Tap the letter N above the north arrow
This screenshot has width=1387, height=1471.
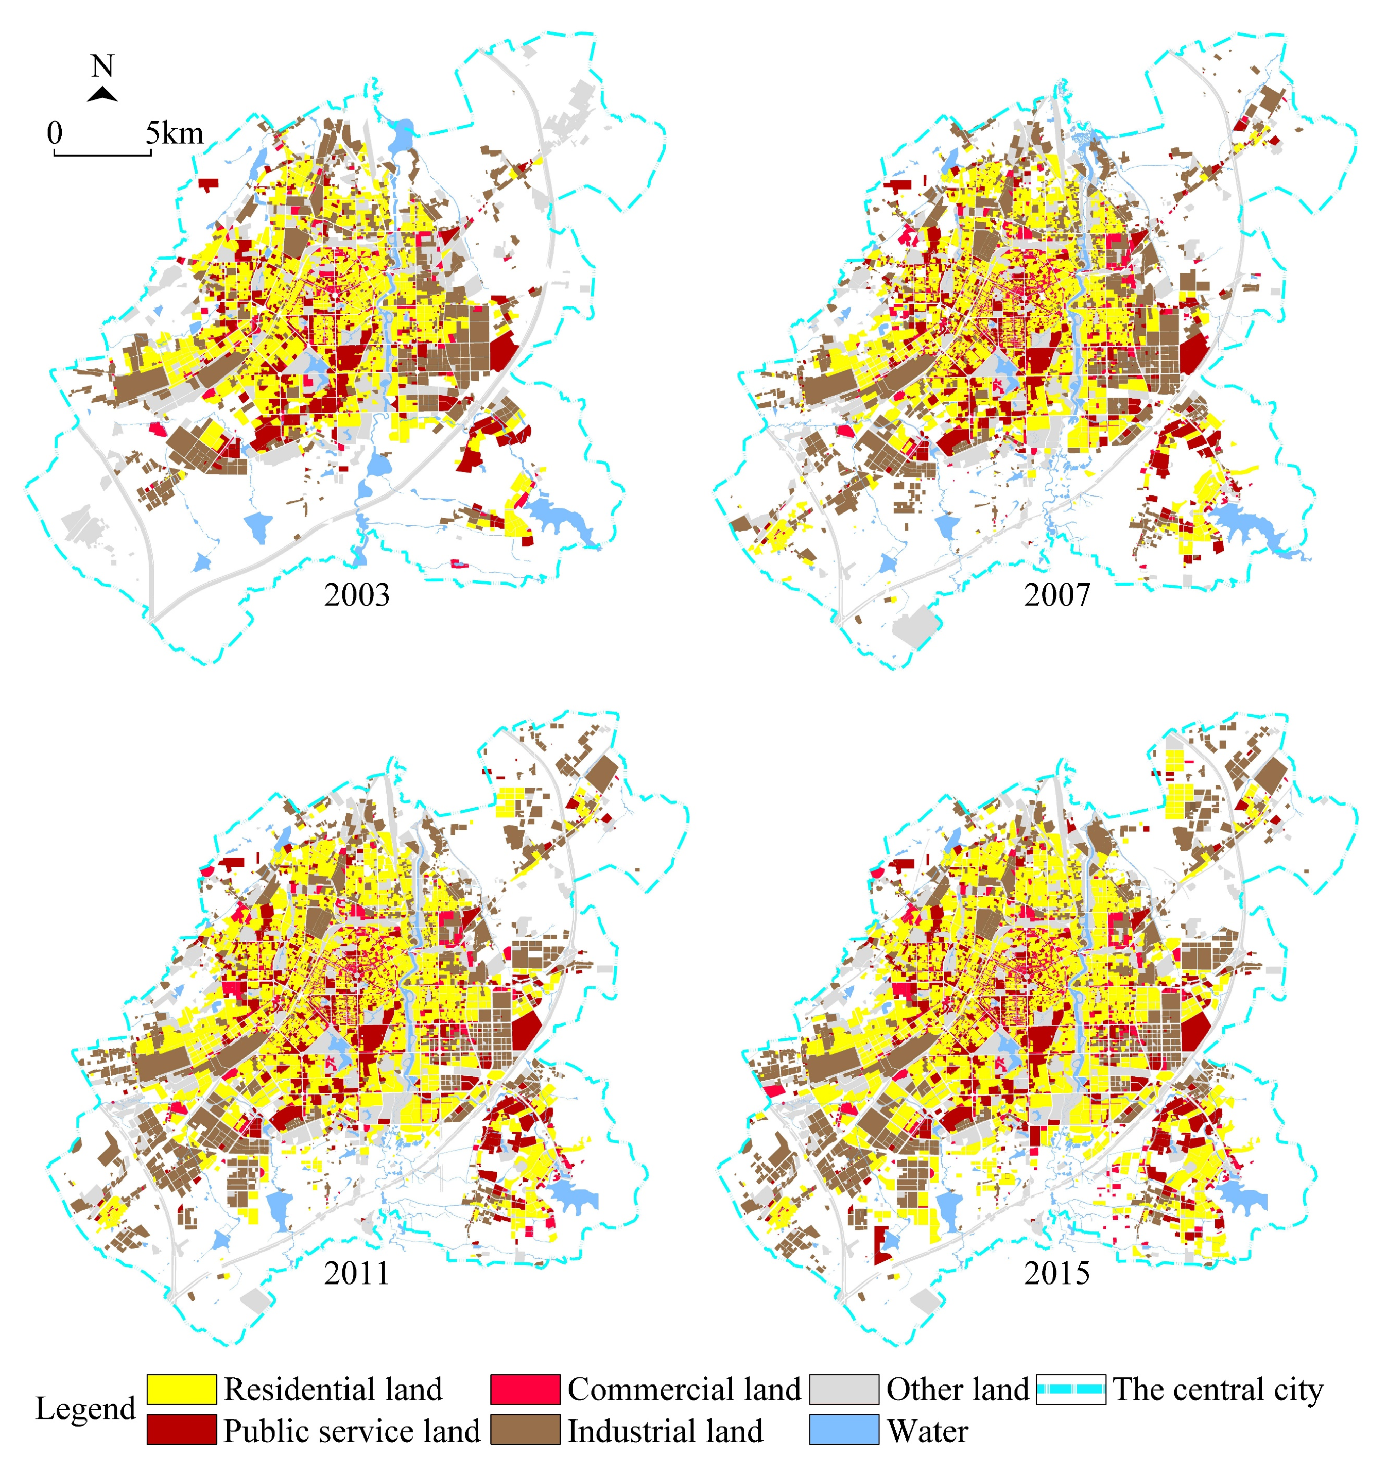(103, 66)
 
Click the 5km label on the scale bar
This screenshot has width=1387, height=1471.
(175, 133)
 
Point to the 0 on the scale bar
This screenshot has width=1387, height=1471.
(55, 133)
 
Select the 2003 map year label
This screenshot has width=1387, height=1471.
(357, 595)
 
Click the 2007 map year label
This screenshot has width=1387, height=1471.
(1056, 595)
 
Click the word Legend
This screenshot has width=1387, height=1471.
(86, 1409)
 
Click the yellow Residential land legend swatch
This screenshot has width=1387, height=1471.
(181, 1389)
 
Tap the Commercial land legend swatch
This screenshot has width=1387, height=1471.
(525, 1389)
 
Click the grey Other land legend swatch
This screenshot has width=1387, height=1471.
(844, 1389)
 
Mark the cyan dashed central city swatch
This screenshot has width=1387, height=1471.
(1070, 1389)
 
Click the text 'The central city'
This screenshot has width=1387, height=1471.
(1218, 1389)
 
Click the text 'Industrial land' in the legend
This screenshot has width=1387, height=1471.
(665, 1430)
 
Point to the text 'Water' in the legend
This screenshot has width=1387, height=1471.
(928, 1430)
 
